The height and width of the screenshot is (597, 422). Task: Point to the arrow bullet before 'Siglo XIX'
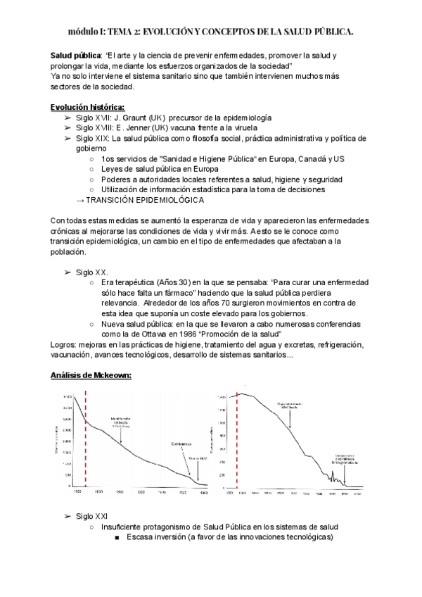click(68, 139)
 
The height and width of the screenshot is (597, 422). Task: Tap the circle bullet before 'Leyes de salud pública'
click(93, 170)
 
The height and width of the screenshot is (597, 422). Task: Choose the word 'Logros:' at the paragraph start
click(65, 345)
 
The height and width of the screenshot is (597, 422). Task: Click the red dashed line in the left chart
click(85, 440)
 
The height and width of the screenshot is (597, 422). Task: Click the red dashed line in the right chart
click(238, 440)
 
